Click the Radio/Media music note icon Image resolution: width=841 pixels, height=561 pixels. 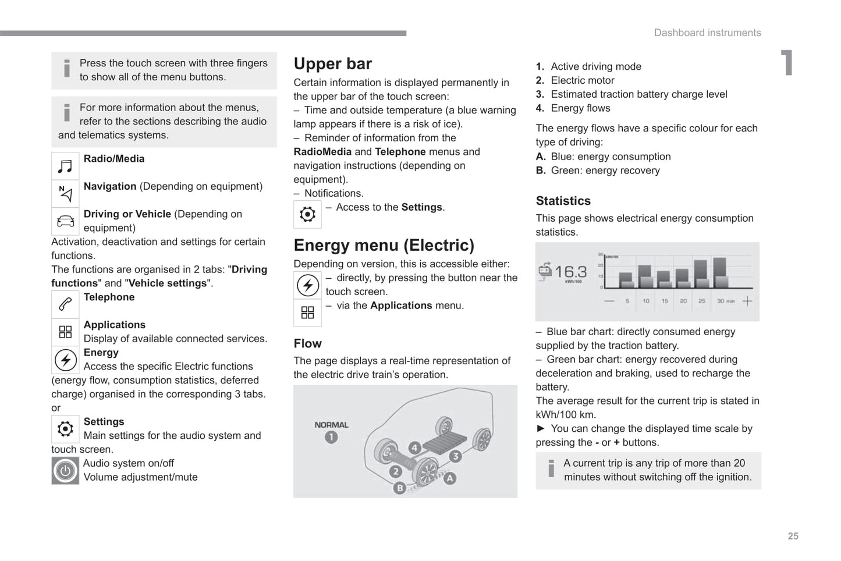(65, 166)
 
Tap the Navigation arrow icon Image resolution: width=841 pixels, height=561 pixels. (65, 194)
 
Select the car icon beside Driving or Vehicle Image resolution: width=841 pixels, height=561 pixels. (65, 222)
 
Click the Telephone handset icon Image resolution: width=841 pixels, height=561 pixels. (65, 304)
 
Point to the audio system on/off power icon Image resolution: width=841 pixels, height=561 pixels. (65, 471)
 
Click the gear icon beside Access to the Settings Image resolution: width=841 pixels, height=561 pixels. (307, 214)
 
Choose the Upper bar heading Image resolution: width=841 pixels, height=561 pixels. (332, 64)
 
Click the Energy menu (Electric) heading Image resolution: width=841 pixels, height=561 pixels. (384, 246)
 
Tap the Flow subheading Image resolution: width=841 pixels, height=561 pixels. (307, 344)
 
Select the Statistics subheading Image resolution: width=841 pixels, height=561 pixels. (563, 201)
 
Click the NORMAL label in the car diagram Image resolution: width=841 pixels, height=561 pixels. (331, 425)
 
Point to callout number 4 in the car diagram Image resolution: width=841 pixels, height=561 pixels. (414, 448)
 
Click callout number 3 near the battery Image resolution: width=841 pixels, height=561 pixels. (455, 456)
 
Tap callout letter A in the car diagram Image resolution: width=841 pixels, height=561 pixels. (450, 478)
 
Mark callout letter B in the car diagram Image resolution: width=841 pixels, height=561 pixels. (399, 488)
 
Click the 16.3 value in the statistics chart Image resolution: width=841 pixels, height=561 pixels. (570, 272)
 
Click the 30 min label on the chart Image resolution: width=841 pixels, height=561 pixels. (725, 301)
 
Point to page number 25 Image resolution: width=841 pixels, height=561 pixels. (793, 537)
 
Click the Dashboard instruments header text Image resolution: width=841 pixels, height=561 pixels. (707, 33)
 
